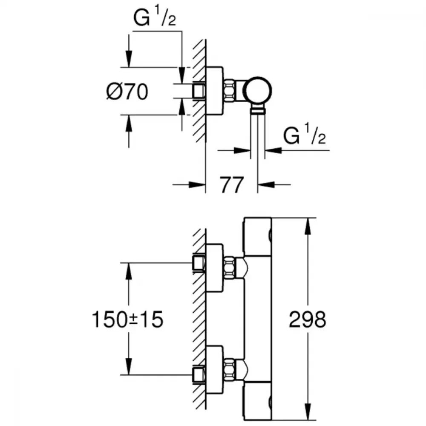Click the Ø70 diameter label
(127, 92)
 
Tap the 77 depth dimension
(232, 185)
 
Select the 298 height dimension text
(307, 319)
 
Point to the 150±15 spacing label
(128, 319)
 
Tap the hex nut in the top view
(229, 91)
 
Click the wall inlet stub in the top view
(199, 91)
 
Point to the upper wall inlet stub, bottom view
(199, 263)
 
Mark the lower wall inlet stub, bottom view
(199, 374)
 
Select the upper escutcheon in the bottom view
(214, 268)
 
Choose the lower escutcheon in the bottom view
(214, 370)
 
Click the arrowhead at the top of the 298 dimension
(308, 226)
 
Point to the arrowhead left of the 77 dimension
(197, 185)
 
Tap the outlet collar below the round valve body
(257, 110)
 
